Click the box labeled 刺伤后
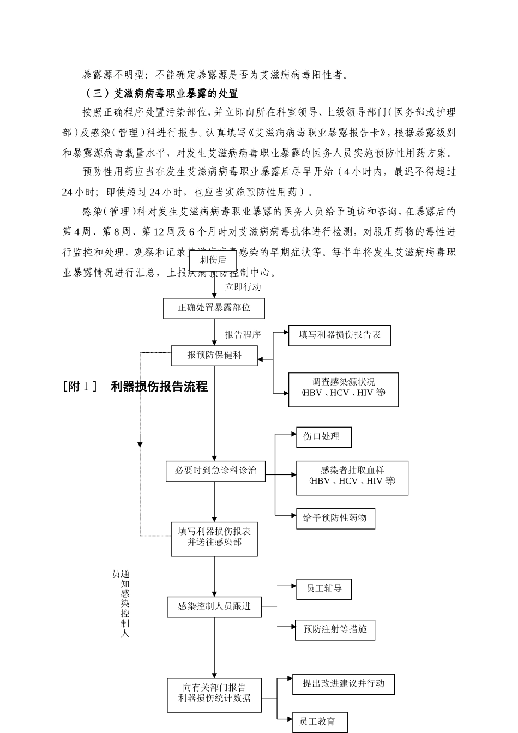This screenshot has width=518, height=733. click(213, 261)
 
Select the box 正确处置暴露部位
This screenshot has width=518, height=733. click(214, 308)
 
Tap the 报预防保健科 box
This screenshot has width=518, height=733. click(214, 356)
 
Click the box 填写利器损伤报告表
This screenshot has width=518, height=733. click(339, 335)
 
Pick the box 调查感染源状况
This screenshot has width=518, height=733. click(343, 389)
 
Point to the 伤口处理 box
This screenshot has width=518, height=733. click(323, 437)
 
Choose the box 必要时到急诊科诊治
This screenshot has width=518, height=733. click(215, 471)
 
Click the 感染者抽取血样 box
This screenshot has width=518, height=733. click(352, 478)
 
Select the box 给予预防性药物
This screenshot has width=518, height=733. click(335, 518)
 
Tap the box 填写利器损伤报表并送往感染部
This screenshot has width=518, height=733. click(214, 538)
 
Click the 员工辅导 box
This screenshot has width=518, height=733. click(323, 589)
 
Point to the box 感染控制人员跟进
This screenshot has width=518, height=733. click(214, 606)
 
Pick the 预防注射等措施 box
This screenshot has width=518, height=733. click(335, 630)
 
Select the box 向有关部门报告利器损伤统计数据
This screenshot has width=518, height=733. click(214, 694)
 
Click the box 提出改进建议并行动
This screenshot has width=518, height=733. click(343, 684)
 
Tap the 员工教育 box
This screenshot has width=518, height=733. click(320, 722)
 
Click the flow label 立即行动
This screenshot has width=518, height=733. click(243, 287)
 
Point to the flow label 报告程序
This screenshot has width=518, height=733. click(243, 335)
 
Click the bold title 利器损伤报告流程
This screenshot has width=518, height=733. click(159, 387)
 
